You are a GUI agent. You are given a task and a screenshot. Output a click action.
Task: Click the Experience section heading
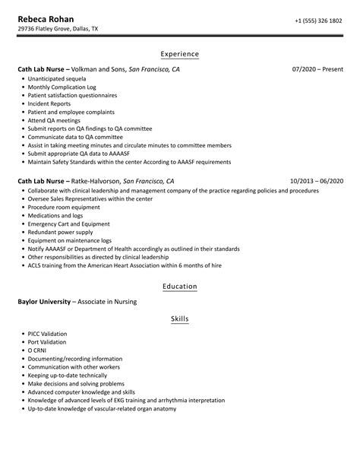pos(180,54)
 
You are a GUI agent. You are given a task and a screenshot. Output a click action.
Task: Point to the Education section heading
pos(180,286)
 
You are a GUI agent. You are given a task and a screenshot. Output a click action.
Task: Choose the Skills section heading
pos(180,319)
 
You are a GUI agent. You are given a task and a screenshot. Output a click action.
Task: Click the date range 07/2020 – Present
pos(317,69)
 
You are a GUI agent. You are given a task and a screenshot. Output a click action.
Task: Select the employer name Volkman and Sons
pos(99,69)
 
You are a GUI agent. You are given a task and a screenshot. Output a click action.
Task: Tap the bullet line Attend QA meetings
pos(53,121)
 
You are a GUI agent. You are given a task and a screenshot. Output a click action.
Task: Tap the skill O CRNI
pos(38,352)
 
